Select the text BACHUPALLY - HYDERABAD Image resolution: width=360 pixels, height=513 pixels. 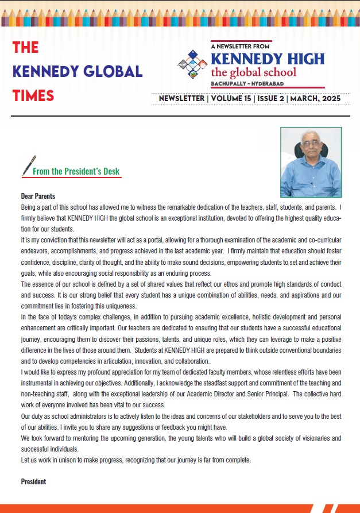click(249, 83)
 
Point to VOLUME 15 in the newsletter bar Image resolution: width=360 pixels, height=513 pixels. click(234, 99)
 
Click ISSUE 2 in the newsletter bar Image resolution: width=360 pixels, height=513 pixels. click(273, 99)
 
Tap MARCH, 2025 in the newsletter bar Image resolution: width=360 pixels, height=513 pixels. click(316, 99)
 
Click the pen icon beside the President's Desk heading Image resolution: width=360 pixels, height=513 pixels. click(28, 165)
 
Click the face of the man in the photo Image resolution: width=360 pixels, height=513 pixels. click(311, 147)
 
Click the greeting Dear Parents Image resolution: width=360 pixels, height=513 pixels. click(38, 196)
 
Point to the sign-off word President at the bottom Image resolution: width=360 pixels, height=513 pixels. click(33, 481)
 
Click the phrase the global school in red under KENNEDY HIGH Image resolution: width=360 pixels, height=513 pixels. click(254, 72)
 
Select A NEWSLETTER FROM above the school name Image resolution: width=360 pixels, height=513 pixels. click(241, 45)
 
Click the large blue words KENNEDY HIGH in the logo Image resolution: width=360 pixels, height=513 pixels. click(268, 59)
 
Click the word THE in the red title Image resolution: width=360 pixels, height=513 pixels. click(25, 48)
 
